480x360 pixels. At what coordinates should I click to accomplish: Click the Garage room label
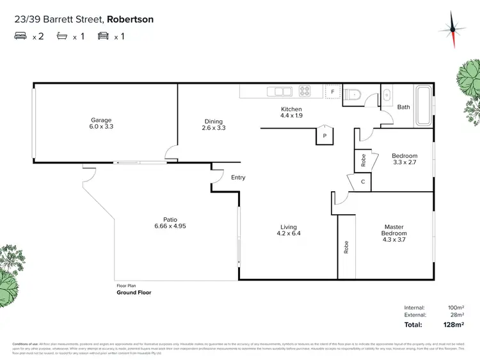click(x=101, y=120)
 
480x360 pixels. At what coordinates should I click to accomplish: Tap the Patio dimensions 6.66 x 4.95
click(x=170, y=226)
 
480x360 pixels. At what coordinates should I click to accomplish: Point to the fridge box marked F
click(x=332, y=92)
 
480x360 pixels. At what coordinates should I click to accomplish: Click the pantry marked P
click(x=324, y=135)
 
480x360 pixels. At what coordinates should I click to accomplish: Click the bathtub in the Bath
click(x=424, y=106)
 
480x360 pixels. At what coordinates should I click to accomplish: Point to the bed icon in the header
click(x=20, y=36)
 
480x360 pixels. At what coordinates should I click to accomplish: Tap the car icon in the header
click(x=103, y=36)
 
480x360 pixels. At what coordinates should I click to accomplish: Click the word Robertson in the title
click(x=131, y=20)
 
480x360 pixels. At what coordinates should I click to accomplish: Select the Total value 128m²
click(x=453, y=325)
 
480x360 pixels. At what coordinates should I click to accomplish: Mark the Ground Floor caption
click(x=134, y=293)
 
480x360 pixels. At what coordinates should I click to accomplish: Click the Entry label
click(x=238, y=178)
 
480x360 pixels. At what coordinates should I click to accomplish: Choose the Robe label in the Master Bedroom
click(x=346, y=247)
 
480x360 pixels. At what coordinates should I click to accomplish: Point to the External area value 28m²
click(x=456, y=315)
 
